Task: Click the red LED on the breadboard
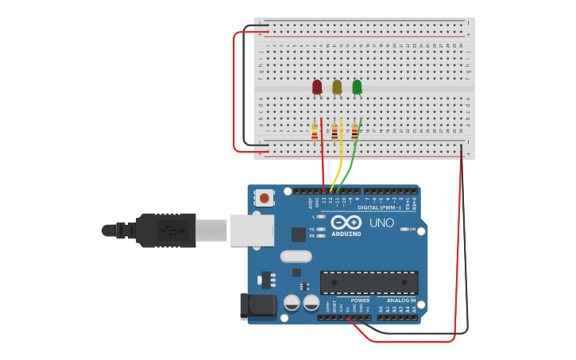tap(317, 87)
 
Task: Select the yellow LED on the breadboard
tap(337, 87)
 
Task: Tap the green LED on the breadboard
tap(357, 87)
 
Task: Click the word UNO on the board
tap(382, 223)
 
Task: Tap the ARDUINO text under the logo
tap(346, 234)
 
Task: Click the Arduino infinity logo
tap(346, 223)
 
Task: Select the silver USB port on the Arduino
tap(252, 230)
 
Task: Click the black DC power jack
tap(257, 307)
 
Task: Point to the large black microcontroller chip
tap(369, 282)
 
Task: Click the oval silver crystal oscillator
tap(296, 257)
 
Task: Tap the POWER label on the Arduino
tap(360, 300)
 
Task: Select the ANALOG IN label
tap(401, 300)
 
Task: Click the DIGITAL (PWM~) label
tap(379, 207)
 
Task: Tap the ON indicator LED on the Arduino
tap(405, 230)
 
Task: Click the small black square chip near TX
tap(299, 234)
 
